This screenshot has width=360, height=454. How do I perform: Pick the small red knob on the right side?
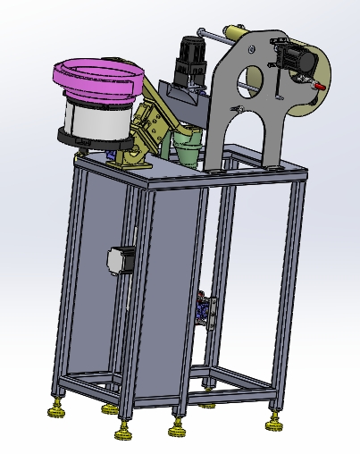(317, 84)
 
